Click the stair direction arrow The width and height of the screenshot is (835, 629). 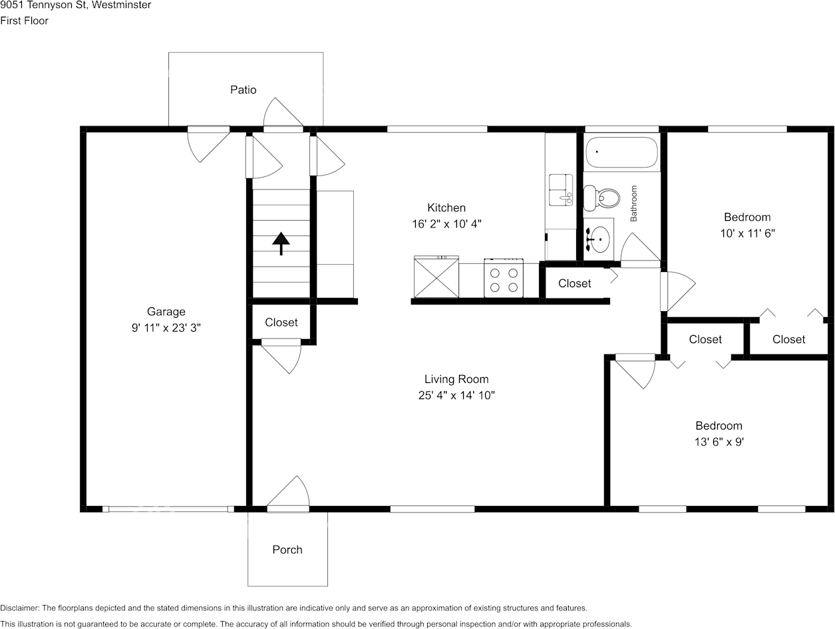coord(281,243)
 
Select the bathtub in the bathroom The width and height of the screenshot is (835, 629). coord(622,152)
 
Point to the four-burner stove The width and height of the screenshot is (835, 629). coord(504,278)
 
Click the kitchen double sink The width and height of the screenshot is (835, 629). coord(561,190)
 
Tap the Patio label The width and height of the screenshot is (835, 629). coord(243,90)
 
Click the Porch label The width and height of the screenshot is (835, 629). coord(287,550)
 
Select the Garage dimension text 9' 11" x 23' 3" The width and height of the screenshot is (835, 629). coord(166,328)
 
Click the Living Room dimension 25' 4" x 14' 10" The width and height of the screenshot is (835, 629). coord(456,396)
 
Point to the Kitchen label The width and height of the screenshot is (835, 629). coord(446,208)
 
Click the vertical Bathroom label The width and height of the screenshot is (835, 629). coord(633,203)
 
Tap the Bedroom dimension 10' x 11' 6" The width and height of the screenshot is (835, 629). coord(747,233)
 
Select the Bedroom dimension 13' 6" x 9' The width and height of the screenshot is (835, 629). coord(719,442)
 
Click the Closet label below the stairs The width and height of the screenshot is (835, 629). coord(281,322)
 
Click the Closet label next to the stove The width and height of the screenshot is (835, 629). coord(574,284)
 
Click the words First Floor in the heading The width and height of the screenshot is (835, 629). coord(25,21)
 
